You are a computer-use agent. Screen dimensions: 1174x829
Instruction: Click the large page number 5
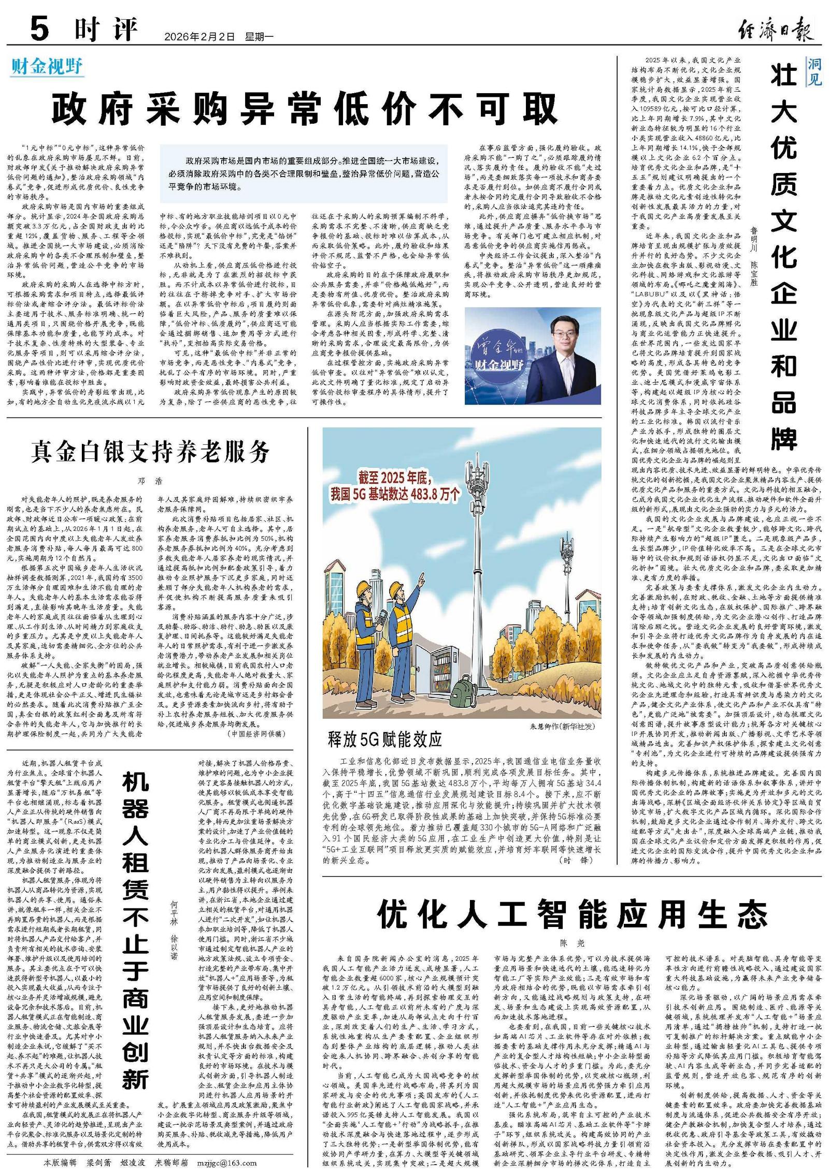click(39, 28)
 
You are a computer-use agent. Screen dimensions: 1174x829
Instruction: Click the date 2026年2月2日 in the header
click(199, 37)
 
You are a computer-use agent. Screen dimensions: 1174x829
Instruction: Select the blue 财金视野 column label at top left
click(47, 67)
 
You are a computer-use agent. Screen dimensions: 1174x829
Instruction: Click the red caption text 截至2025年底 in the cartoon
click(395, 477)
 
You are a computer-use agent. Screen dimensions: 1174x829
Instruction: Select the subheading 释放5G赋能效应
click(385, 739)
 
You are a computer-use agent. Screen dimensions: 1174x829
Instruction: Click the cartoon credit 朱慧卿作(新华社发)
click(562, 726)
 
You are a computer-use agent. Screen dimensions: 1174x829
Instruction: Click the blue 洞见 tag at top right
click(814, 71)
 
